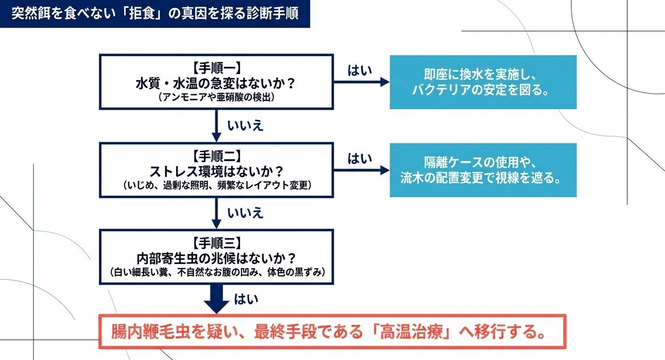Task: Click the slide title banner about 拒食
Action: (x=155, y=13)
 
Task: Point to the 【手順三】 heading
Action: (x=216, y=243)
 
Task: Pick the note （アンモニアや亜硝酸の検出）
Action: (x=216, y=97)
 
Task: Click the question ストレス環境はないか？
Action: (x=216, y=171)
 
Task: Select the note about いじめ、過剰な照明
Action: (x=216, y=185)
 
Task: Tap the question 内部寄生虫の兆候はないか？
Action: (x=216, y=257)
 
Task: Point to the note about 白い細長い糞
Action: (x=216, y=272)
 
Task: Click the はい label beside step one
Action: (x=360, y=71)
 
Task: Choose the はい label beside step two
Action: (x=360, y=158)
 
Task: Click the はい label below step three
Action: (x=246, y=299)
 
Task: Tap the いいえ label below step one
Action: (x=246, y=125)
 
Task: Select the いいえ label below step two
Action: (x=246, y=213)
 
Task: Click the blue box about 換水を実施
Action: (x=483, y=82)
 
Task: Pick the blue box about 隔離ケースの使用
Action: (x=483, y=170)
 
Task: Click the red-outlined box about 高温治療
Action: (x=332, y=331)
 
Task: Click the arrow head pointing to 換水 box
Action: (x=385, y=82)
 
